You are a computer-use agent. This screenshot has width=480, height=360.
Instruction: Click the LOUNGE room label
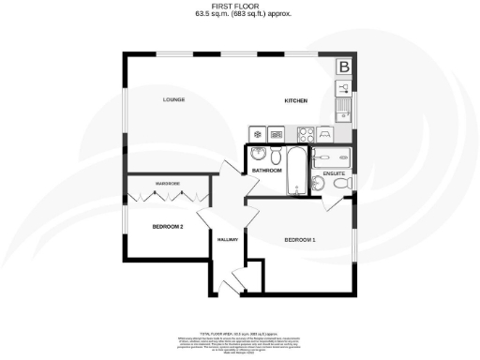(x=173, y=99)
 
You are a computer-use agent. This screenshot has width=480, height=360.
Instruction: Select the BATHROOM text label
(x=266, y=171)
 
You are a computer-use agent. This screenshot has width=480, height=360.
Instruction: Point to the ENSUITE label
(x=334, y=173)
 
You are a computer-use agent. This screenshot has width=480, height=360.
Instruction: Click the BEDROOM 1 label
(x=300, y=240)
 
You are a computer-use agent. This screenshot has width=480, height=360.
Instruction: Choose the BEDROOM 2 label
(x=168, y=227)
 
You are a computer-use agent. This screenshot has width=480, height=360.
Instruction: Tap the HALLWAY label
(x=230, y=241)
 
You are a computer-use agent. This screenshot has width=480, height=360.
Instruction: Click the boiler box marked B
(x=344, y=67)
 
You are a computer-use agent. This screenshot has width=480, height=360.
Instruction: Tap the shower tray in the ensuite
(x=332, y=157)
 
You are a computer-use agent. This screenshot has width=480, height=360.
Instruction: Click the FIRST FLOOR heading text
(x=239, y=7)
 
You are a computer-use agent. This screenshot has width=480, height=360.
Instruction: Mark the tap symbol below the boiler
(x=344, y=86)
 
